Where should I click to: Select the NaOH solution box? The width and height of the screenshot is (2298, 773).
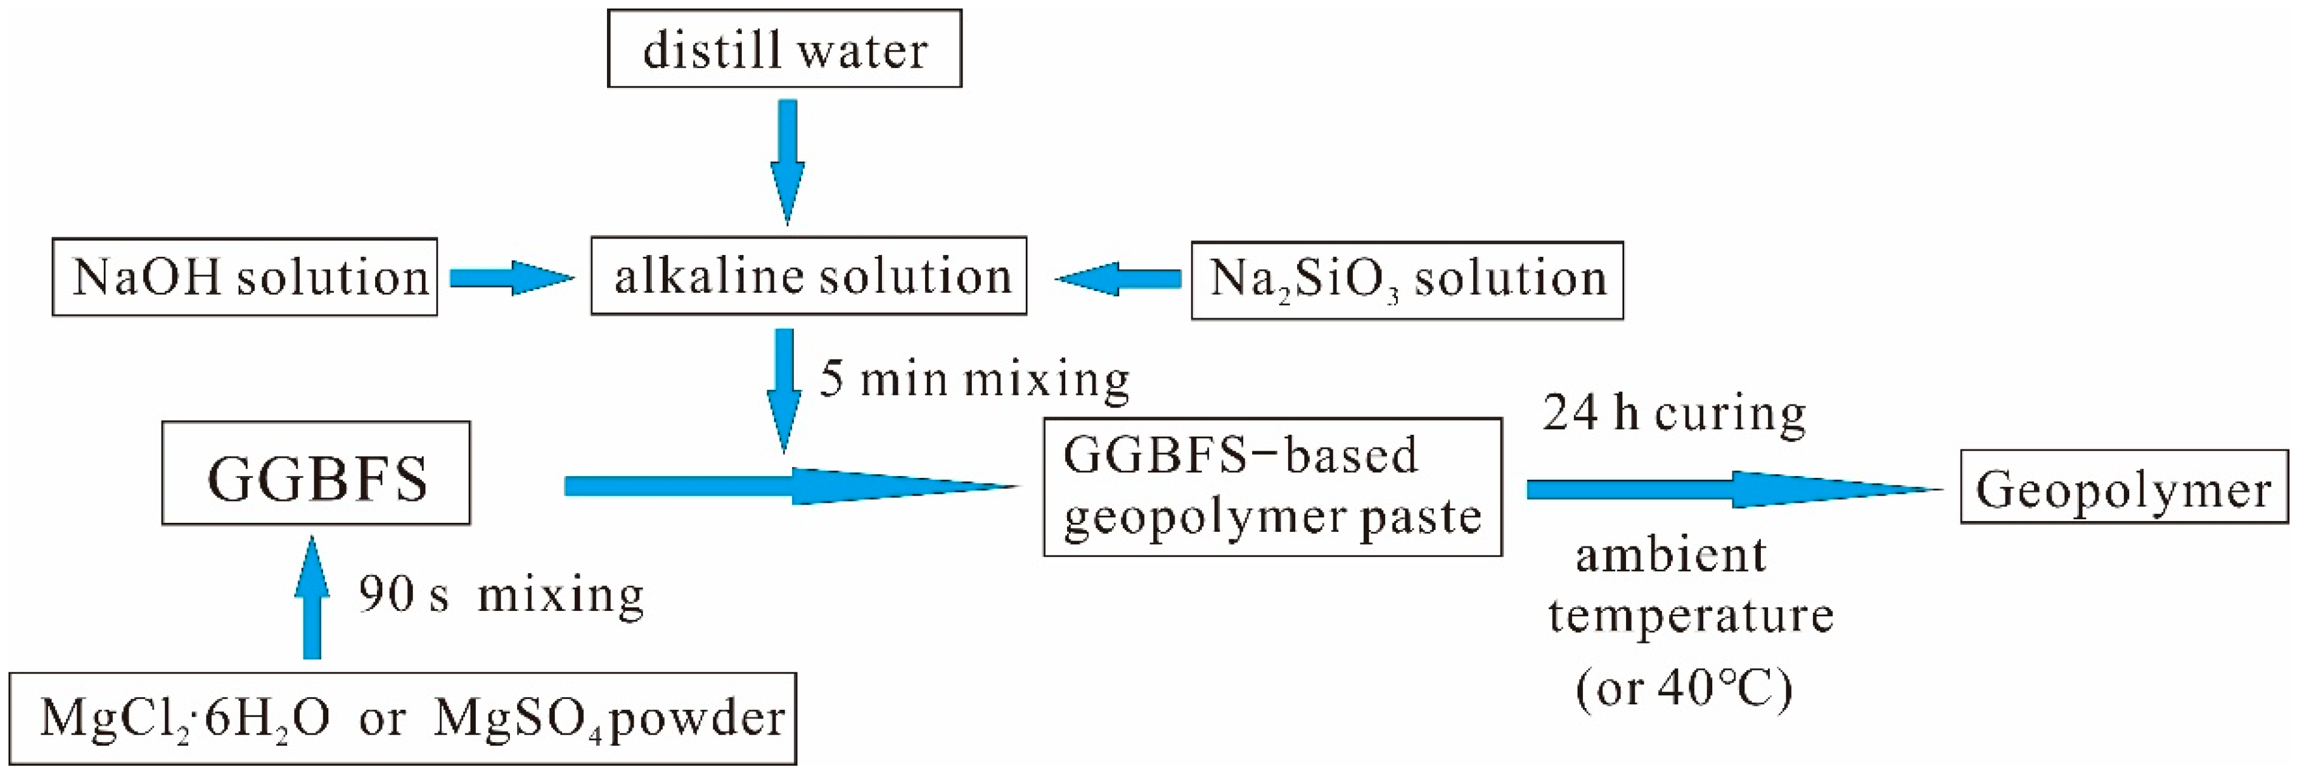pos(245,277)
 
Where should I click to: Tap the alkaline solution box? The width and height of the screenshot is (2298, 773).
pos(808,276)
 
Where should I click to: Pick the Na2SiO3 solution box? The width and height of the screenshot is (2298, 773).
pos(1407,279)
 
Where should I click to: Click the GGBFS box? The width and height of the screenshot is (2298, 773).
pos(316,473)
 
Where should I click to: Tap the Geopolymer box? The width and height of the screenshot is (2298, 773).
pos(2123,488)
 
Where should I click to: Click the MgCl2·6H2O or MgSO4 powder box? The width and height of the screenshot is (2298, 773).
pos(403,718)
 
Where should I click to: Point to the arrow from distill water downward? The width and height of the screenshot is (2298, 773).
pos(787,161)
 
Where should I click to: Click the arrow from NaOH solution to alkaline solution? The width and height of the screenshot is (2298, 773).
pos(510,279)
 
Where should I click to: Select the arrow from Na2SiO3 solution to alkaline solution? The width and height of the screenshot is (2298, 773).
pos(1119,279)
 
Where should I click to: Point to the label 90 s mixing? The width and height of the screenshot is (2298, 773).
pos(501,594)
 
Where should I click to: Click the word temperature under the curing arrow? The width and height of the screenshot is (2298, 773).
pos(1690,616)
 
